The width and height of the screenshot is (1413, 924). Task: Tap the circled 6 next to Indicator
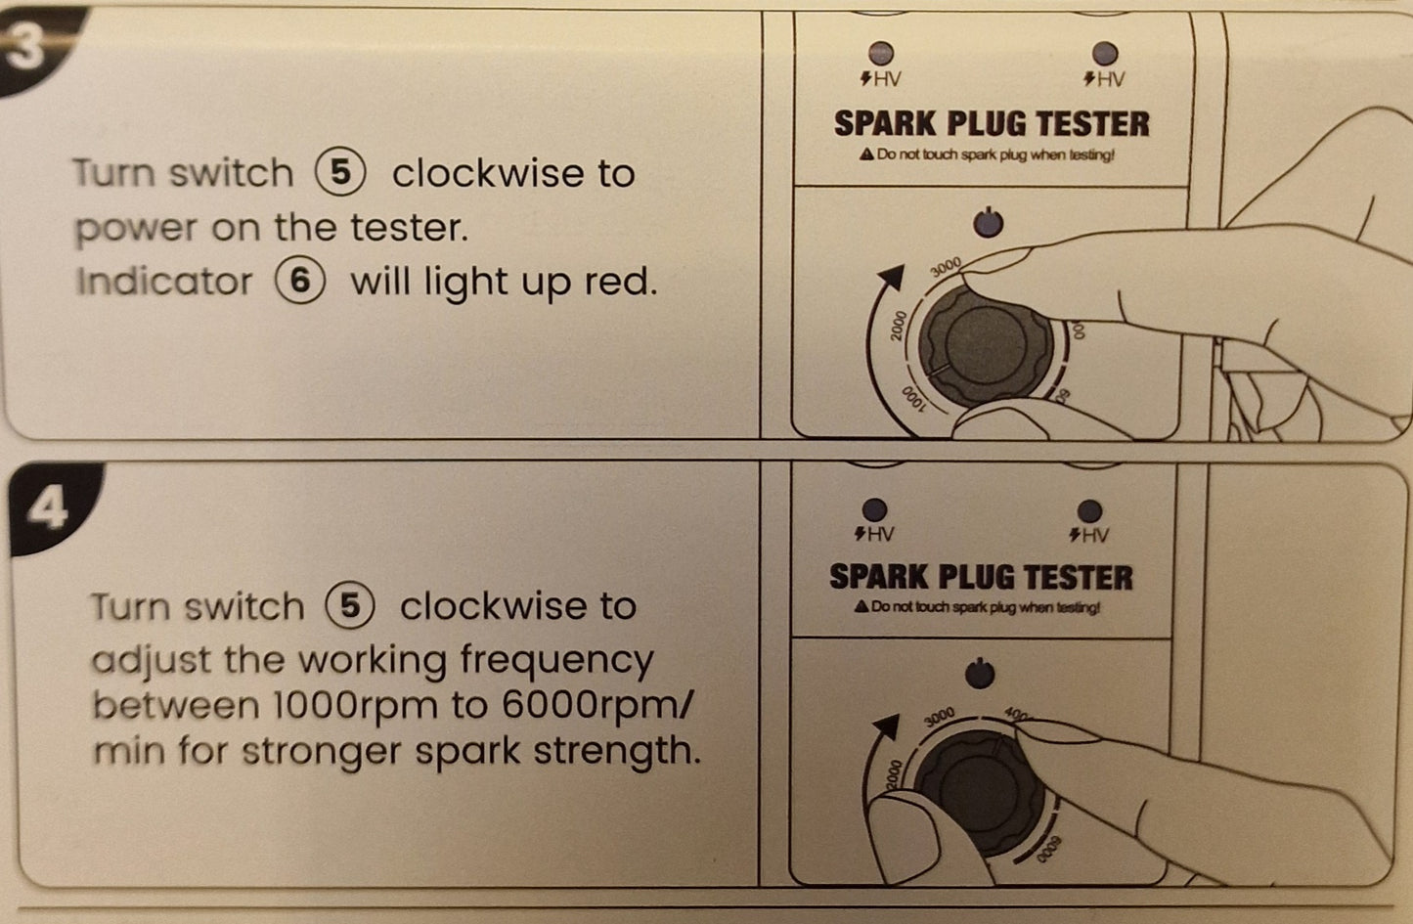tap(300, 282)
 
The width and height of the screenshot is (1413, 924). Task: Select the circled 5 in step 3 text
tap(340, 172)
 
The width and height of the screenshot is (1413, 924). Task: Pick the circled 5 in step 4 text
tap(349, 605)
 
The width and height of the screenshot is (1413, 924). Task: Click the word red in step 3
tap(620, 282)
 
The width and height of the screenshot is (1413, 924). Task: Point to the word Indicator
tap(164, 282)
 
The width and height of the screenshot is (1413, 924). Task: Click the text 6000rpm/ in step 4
tap(597, 705)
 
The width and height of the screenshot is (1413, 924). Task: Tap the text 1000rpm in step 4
tap(355, 705)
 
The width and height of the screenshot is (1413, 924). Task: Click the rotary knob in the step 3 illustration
tap(986, 346)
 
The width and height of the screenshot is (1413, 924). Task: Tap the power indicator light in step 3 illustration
tap(989, 223)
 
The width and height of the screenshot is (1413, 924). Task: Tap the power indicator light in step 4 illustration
tap(980, 674)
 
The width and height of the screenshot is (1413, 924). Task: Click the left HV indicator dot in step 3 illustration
tap(881, 53)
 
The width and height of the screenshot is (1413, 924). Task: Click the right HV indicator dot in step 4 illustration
tap(1089, 510)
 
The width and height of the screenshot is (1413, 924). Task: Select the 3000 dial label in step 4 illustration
tap(940, 717)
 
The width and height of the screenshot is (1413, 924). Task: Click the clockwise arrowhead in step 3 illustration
tap(891, 277)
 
